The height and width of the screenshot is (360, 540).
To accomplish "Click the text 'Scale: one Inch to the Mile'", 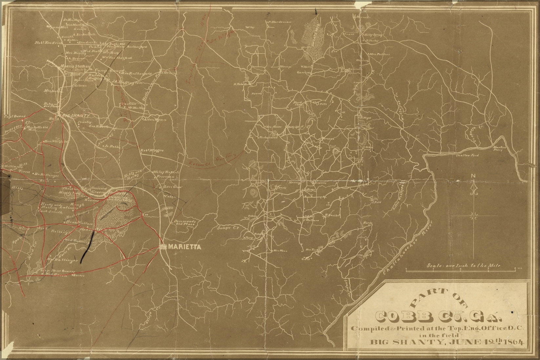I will (x=463, y=266).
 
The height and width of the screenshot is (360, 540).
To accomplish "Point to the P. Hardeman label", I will (x=280, y=22).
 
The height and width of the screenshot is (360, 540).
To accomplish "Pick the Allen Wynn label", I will (x=154, y=120).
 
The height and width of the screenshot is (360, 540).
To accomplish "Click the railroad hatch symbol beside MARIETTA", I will (x=163, y=248).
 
